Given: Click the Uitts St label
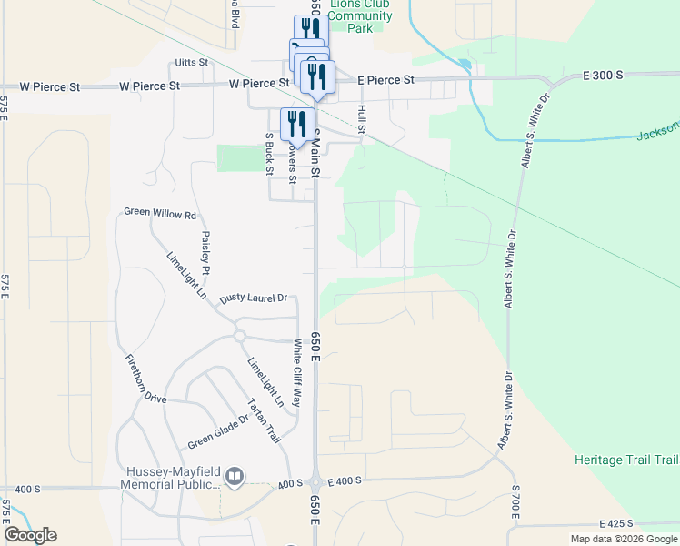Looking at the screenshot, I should [192, 63].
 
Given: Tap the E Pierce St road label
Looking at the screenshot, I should [385, 80].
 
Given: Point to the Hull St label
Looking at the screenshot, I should [361, 119].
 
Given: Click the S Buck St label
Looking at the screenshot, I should [269, 153].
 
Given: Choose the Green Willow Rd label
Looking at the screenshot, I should [160, 215].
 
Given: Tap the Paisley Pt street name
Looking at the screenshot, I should [206, 252].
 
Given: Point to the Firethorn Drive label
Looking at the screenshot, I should [145, 378].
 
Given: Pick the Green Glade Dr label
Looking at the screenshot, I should [218, 430].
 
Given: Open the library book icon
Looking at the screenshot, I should [235, 476].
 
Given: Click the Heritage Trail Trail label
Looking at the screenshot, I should [626, 460].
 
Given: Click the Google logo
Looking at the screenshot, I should [30, 535].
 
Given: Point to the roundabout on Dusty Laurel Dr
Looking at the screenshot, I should [239, 336].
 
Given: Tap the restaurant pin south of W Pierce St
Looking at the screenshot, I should [297, 124].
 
